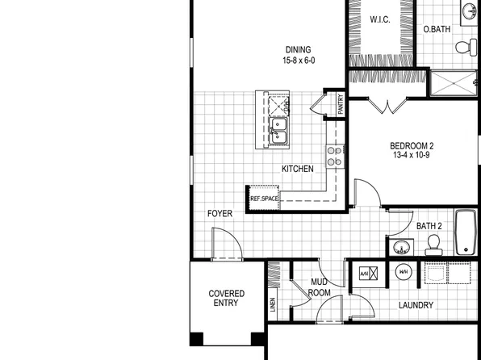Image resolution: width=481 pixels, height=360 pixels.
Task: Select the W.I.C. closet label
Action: [381, 19]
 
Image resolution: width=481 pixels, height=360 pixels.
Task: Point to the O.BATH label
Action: [437, 30]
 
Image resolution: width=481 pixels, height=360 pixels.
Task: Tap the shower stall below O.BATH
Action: [454, 82]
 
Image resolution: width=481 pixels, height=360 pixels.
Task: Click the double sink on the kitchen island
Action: [278, 131]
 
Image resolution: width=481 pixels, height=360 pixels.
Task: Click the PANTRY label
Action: [341, 107]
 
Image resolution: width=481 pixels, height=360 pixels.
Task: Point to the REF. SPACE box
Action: [265, 198]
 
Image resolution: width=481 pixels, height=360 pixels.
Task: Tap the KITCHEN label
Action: [297, 169]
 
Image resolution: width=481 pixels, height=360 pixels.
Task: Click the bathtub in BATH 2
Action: [466, 232]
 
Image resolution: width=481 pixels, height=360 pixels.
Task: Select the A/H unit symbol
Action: [366, 274]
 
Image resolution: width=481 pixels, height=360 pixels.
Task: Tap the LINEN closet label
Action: [273, 303]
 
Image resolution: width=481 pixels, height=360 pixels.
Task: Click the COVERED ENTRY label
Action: [227, 298]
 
